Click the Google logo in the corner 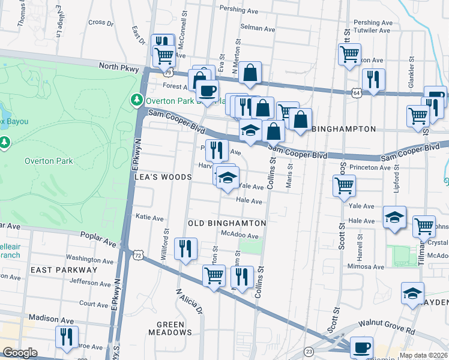pyautogui.click(x=20, y=353)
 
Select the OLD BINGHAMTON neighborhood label pyautogui.click(x=227, y=223)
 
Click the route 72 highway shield pyautogui.click(x=139, y=256)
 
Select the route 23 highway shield pyautogui.click(x=308, y=351)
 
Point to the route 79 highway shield pyautogui.click(x=169, y=72)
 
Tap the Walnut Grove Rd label pyautogui.click(x=387, y=325)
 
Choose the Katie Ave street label pyautogui.click(x=150, y=217)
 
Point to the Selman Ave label pyautogui.click(x=258, y=28)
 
